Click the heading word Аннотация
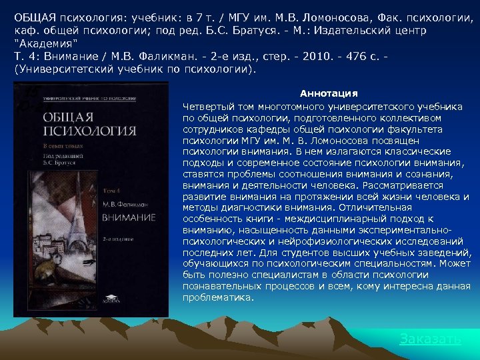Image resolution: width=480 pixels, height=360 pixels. tap(329, 93)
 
